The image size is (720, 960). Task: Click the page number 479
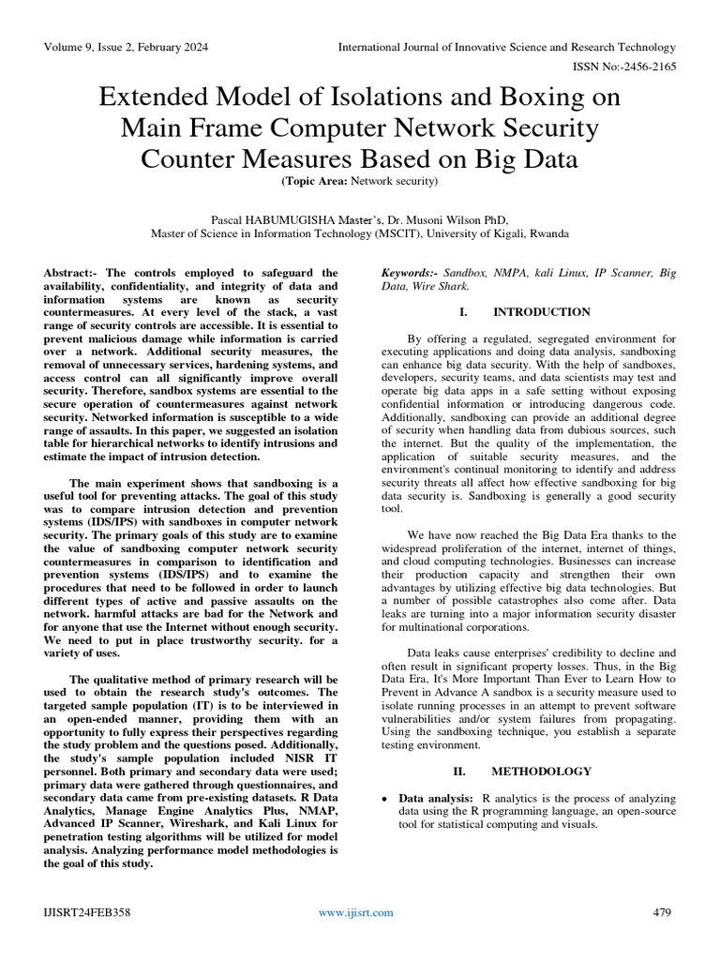662,912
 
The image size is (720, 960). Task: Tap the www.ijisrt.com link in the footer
355,912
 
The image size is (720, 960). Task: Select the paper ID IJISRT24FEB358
86,912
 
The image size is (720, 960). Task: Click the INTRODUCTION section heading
542,311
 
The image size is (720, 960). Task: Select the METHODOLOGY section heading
542,772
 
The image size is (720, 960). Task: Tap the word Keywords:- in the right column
410,273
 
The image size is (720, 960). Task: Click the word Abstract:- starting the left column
74,273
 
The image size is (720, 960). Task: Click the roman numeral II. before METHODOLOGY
461,772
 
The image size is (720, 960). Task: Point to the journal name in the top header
506,47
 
